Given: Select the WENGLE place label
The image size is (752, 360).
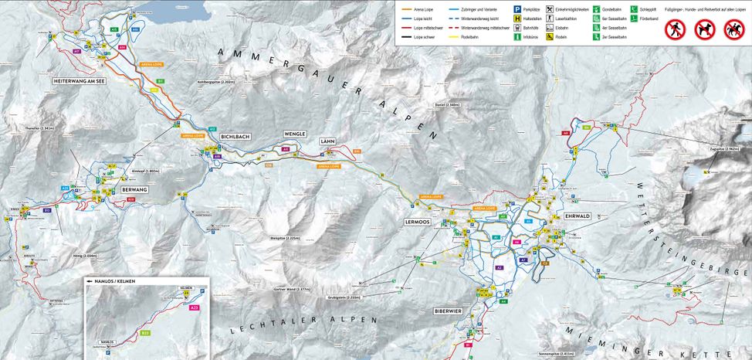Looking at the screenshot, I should click(295, 134).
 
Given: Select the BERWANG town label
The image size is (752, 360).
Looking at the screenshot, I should click(134, 189).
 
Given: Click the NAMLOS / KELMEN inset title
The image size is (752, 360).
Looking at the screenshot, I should click(114, 281).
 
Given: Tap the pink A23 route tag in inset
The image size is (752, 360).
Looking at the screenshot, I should click(194, 307).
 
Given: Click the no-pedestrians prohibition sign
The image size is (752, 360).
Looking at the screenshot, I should click(675, 29).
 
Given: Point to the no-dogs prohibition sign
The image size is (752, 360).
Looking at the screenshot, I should click(704, 29).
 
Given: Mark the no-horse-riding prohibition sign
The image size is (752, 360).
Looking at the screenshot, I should click(733, 29).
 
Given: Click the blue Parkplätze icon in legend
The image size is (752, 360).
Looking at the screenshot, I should click(517, 8).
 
